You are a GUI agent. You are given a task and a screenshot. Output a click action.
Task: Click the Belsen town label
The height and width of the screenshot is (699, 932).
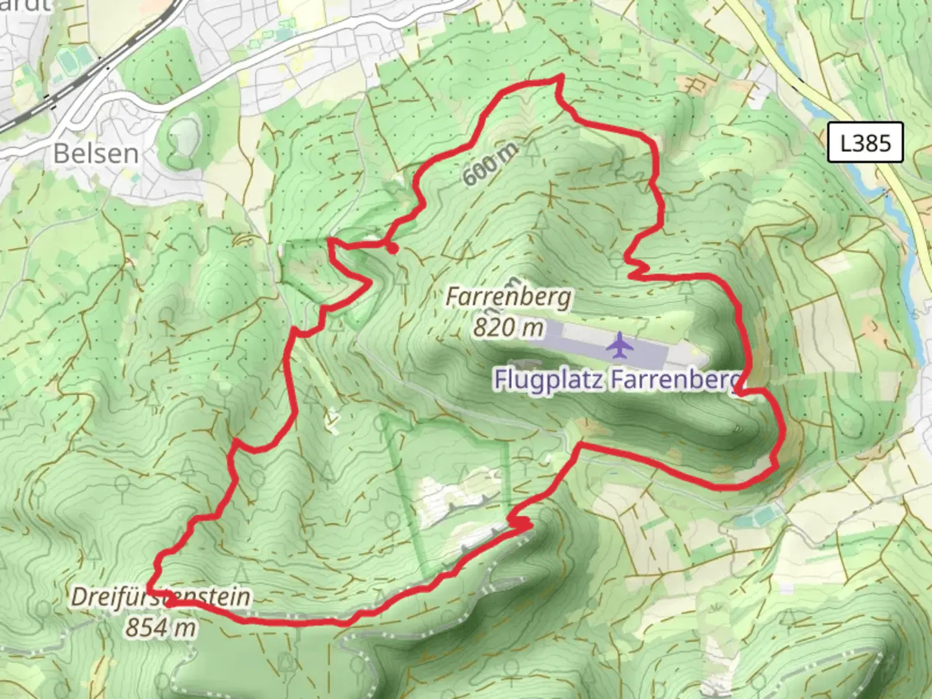tap(96, 154)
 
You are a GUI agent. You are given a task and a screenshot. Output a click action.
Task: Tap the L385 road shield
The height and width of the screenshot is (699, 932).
tap(865, 142)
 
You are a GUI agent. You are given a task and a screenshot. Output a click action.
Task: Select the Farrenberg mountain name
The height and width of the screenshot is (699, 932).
tap(509, 297)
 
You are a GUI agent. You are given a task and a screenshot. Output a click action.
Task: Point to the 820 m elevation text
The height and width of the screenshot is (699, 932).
tap(508, 327)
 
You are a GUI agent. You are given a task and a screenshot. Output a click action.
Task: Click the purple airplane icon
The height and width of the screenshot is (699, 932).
tap(620, 345)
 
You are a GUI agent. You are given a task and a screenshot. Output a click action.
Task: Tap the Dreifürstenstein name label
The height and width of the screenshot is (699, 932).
tap(160, 597)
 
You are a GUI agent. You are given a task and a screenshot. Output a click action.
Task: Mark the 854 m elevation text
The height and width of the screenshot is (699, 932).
tap(160, 627)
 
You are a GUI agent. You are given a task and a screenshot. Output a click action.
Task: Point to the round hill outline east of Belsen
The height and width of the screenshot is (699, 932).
tap(184, 136)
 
